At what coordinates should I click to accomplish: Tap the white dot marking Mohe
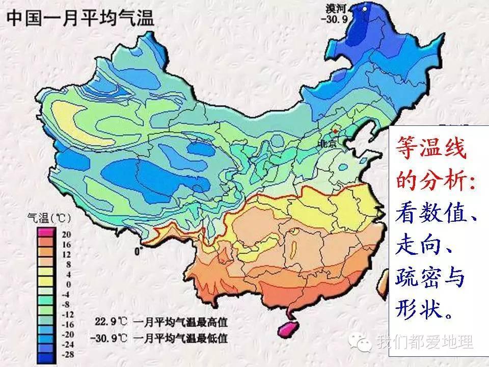point(365,9)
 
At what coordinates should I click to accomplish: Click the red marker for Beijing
point(335,132)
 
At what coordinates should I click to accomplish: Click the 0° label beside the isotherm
point(138,251)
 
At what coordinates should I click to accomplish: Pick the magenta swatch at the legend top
point(42,232)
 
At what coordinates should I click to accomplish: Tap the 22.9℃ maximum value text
point(111,322)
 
